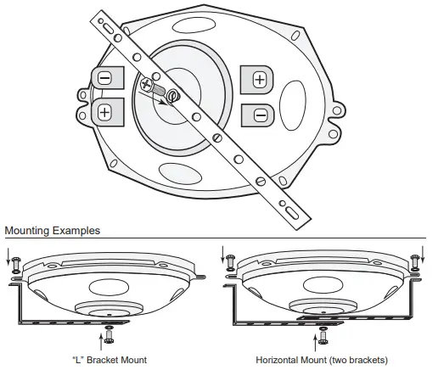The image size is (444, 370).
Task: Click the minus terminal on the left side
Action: pyautogui.click(x=104, y=79)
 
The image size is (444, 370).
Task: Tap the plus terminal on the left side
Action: pyautogui.click(x=105, y=110)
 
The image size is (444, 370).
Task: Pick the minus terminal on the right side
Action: pyautogui.click(x=260, y=114)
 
